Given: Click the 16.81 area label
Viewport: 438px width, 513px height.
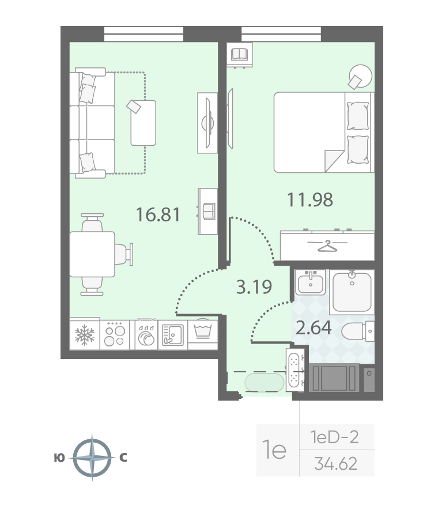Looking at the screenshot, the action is point(158,215).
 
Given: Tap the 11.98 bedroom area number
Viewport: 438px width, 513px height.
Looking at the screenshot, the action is point(310,199).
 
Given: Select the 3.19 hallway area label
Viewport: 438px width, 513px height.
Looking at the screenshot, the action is point(254,286).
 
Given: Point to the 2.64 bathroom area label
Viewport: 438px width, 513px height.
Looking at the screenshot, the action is point(314,327).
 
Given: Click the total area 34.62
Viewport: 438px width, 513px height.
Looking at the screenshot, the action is point(336,463).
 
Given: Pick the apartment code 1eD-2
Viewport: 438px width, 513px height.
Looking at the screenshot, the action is point(335,437).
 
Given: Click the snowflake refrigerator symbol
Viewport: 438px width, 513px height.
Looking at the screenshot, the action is point(84,335).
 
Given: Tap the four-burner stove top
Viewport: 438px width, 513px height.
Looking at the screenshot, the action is point(115,335).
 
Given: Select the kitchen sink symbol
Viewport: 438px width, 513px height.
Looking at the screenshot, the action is point(173,335).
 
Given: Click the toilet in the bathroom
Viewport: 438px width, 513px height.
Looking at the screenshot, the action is point(358,331).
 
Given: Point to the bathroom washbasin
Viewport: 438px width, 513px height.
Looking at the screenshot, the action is point(311,282).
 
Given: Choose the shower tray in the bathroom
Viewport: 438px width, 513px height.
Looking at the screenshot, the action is point(352,292).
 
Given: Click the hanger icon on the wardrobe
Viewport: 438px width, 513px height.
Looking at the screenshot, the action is point(327,246).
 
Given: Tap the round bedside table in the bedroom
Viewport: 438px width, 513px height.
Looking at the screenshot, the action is point(360,76).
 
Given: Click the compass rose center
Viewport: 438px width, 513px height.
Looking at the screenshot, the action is point(92,458).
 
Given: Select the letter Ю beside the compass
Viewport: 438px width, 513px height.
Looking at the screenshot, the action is point(59,458).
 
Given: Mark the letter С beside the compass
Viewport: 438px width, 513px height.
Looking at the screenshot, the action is point(123,458).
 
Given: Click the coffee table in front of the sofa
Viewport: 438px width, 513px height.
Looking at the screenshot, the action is point(144,123).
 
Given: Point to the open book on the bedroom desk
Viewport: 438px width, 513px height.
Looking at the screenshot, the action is point(240,54).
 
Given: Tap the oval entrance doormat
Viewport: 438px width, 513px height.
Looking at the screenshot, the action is point(265,382).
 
